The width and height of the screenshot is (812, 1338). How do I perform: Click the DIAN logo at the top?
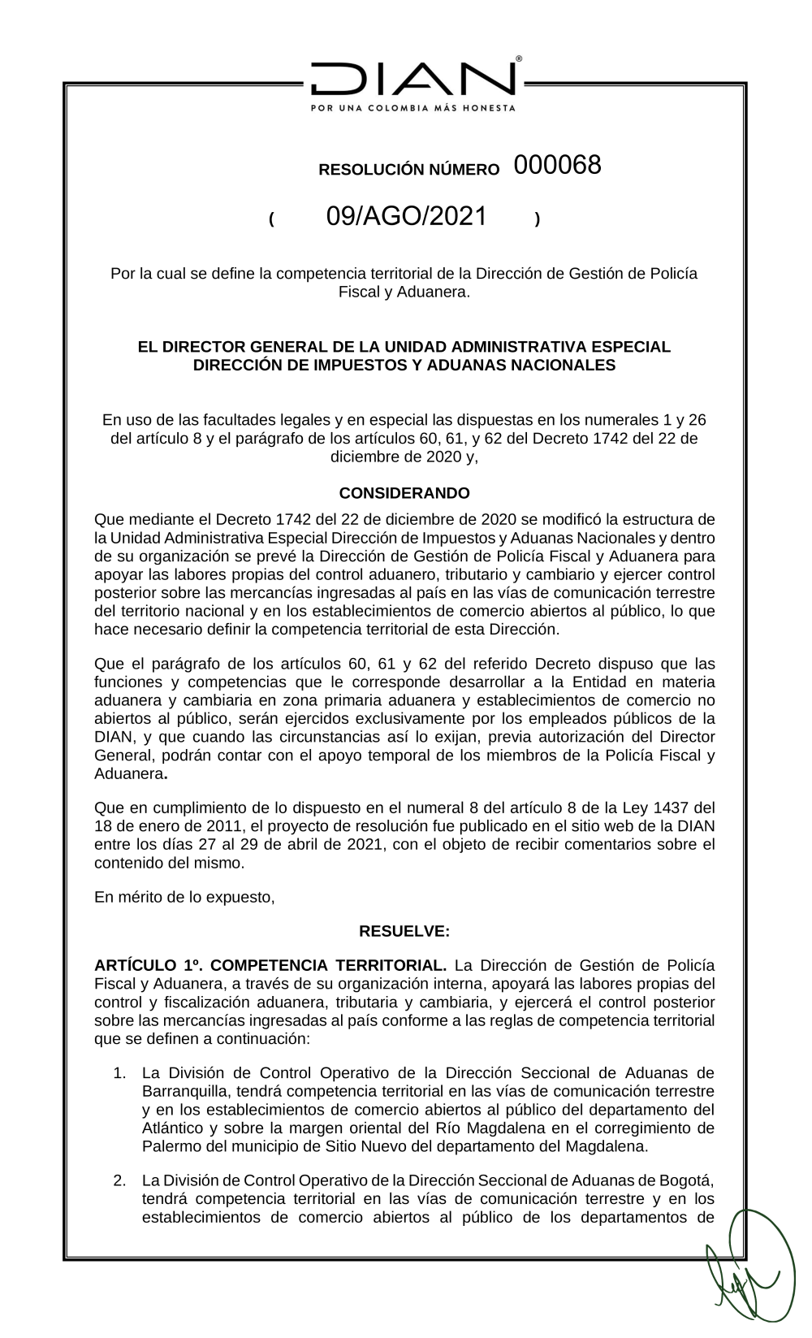coord(412,80)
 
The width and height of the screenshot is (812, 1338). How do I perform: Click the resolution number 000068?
coord(557,165)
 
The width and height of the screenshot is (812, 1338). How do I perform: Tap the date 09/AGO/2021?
coord(407,216)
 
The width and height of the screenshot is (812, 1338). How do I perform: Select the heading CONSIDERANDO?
coord(404,493)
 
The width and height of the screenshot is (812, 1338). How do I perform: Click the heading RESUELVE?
coord(404,930)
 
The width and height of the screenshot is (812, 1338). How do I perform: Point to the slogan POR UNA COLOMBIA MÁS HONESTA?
coord(412,108)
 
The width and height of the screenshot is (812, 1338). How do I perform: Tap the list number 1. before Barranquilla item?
coord(119,1073)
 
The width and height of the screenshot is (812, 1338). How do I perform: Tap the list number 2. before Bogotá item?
coord(119,1180)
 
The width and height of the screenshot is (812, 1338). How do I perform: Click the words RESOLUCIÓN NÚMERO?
coord(408,170)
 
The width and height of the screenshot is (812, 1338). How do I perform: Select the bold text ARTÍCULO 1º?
coord(146,965)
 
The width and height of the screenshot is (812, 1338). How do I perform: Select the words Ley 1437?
coord(666,808)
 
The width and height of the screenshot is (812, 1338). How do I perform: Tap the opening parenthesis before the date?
coord(272,219)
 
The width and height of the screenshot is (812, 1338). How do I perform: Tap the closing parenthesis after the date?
coord(538,219)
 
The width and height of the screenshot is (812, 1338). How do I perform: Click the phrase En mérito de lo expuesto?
coord(185,897)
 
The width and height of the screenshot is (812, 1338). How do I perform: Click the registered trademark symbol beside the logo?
coord(519,59)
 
